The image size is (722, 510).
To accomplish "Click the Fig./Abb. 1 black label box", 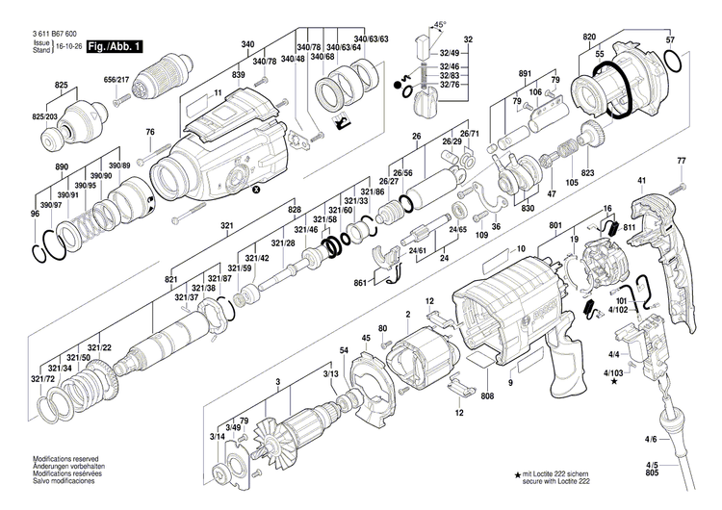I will [x=116, y=46].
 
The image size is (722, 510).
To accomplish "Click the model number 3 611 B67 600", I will [x=60, y=34].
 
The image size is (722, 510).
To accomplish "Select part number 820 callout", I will [x=589, y=38].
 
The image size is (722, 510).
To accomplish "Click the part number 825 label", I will [x=62, y=86].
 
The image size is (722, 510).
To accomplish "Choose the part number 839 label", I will [x=238, y=74].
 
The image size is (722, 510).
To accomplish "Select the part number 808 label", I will [x=487, y=396].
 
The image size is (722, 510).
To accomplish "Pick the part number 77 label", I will [x=682, y=160].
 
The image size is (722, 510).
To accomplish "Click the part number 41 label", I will [x=640, y=181].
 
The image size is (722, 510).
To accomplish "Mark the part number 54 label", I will [x=344, y=349].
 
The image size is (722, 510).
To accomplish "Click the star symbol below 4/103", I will [x=614, y=382].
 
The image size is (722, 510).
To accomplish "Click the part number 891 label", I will [x=525, y=74].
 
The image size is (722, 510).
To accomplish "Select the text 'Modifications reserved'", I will [x=65, y=459].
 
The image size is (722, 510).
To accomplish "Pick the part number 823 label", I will [x=587, y=173].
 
